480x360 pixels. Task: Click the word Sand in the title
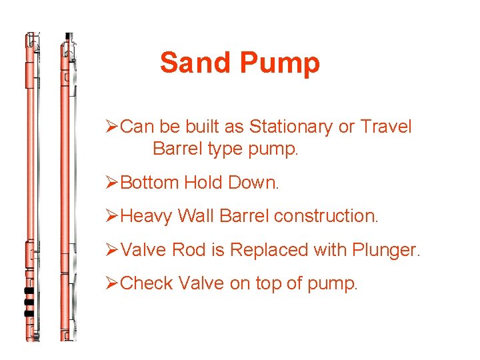(195, 63)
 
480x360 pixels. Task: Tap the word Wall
(195, 216)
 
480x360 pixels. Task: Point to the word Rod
(189, 250)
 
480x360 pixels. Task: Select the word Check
(147, 283)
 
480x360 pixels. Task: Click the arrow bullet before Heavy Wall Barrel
(113, 216)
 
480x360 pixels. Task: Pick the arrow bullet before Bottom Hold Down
(113, 182)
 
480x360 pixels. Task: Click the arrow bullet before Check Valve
(113, 283)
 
